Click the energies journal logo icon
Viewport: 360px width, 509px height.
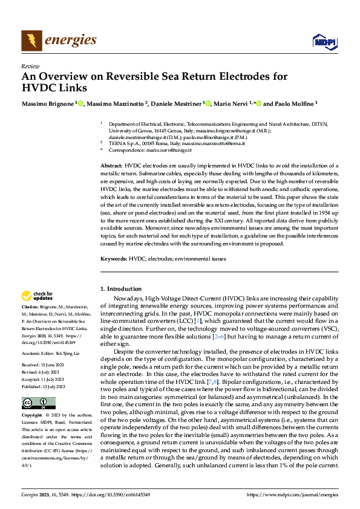click(x=31, y=41)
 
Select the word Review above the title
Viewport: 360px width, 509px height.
click(x=30, y=66)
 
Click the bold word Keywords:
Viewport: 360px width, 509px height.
click(x=113, y=259)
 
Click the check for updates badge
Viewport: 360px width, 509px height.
click(x=37, y=296)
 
